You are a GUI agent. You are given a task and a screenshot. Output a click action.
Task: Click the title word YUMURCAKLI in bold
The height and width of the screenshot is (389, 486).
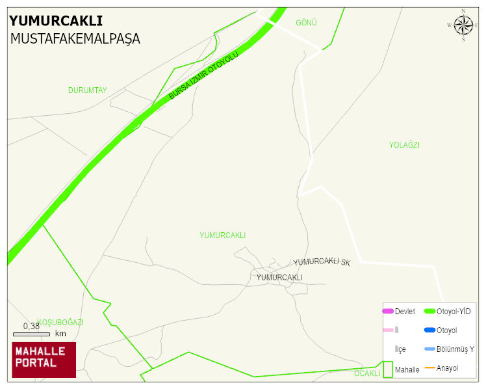[56, 20]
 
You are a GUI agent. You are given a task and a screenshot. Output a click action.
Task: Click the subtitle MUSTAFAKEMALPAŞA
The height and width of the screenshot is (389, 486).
[75, 39]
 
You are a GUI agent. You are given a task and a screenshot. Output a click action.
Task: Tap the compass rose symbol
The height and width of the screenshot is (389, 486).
[463, 25]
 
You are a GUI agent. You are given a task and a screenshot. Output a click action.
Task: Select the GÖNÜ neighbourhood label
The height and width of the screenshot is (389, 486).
[306, 23]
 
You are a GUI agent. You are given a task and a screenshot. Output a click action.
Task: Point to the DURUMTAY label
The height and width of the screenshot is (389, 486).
[87, 90]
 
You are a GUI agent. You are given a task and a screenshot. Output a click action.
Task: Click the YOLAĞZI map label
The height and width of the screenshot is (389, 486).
[404, 145]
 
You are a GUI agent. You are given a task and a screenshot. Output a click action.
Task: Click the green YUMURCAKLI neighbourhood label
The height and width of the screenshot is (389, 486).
[222, 235]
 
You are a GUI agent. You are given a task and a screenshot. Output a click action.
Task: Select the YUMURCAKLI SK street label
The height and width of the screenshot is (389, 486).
[322, 262]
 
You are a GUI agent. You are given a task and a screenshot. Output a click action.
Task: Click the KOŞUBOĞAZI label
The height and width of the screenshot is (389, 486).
[60, 322]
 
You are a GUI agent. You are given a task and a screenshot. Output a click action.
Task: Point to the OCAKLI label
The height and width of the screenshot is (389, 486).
[366, 373]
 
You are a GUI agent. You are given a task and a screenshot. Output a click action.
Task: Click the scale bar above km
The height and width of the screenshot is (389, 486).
[31, 334]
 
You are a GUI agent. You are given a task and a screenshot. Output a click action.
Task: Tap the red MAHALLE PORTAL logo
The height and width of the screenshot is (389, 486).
[44, 360]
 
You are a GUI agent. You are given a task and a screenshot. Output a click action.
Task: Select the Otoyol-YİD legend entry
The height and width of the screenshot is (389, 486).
[454, 312]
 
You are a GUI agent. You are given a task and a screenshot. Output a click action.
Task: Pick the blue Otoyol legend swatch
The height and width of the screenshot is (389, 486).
[429, 330]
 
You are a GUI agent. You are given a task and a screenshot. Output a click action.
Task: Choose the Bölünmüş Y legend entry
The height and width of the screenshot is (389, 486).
[455, 349]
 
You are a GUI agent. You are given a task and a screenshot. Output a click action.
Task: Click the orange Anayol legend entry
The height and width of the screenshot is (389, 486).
[447, 368]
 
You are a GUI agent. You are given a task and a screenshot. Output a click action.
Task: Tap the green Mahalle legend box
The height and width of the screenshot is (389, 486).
[388, 369]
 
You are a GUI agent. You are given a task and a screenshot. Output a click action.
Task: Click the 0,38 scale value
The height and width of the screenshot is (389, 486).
[31, 326]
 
